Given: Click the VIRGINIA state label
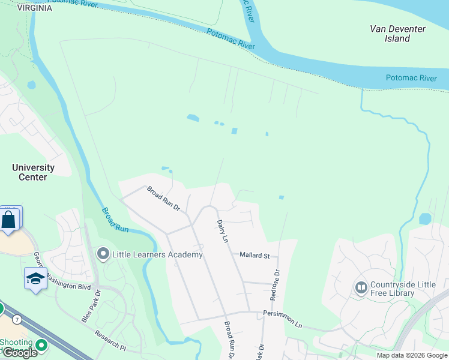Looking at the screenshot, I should (34, 8).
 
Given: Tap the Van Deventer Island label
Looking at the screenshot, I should (397, 34).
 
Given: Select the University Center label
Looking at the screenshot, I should (33, 172).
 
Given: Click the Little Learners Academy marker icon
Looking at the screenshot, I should (103, 254).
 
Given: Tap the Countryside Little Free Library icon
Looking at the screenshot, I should (361, 287).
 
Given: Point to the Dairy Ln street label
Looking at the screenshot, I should (223, 231).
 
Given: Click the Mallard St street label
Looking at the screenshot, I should (255, 255).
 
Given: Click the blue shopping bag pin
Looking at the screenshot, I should (9, 219).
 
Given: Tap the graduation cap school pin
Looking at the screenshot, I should (35, 278).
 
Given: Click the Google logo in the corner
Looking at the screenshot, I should (19, 353).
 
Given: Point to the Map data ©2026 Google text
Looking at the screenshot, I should (412, 355).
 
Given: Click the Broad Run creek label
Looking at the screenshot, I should (115, 220).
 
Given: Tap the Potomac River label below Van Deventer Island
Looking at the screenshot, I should (411, 79).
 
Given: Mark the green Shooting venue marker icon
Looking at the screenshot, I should (41, 345).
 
